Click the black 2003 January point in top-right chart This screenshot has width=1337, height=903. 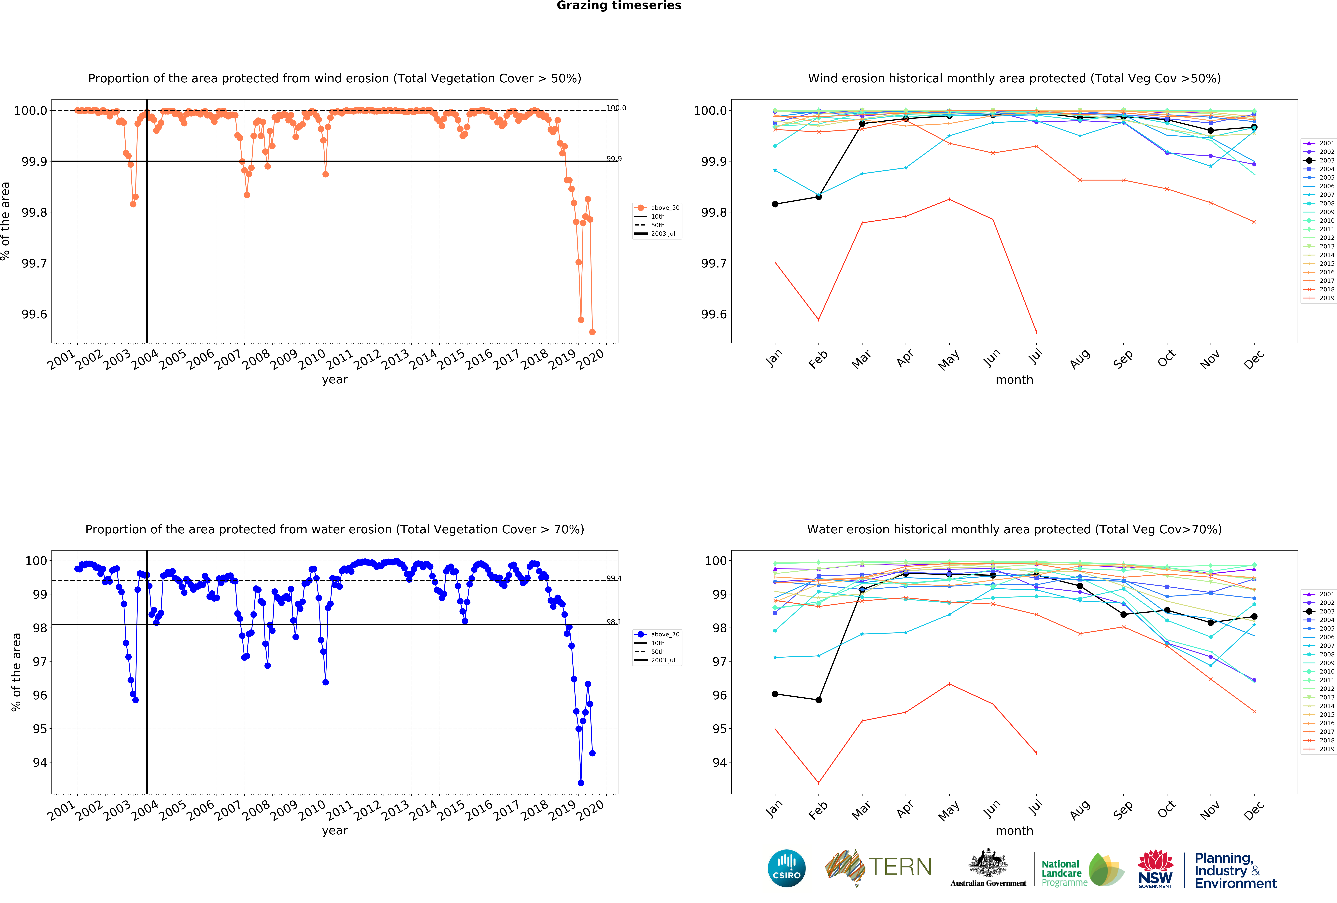(775, 204)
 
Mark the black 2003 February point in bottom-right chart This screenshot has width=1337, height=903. (819, 700)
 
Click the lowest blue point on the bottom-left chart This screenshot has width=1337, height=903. (581, 783)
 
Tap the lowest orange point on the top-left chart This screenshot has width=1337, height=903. (593, 332)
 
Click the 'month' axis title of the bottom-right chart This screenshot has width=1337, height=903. (1014, 830)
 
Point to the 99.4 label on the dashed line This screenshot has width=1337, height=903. (614, 578)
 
